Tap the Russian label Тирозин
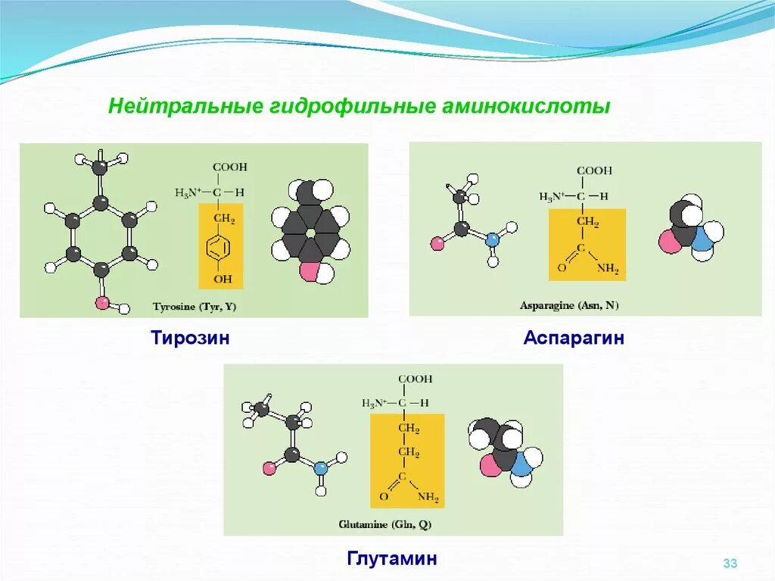[190, 338]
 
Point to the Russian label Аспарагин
[573, 338]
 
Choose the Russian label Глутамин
[392, 559]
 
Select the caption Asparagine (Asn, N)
[568, 305]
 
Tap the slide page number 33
[730, 563]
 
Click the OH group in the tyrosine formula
[223, 280]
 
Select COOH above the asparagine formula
[594, 171]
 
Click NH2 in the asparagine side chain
[607, 267]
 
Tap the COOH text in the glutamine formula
[416, 379]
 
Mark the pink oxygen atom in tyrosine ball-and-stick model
[101, 304]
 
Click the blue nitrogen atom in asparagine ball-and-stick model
[493, 239]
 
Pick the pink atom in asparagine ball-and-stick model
[437, 243]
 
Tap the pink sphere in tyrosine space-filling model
[309, 271]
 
